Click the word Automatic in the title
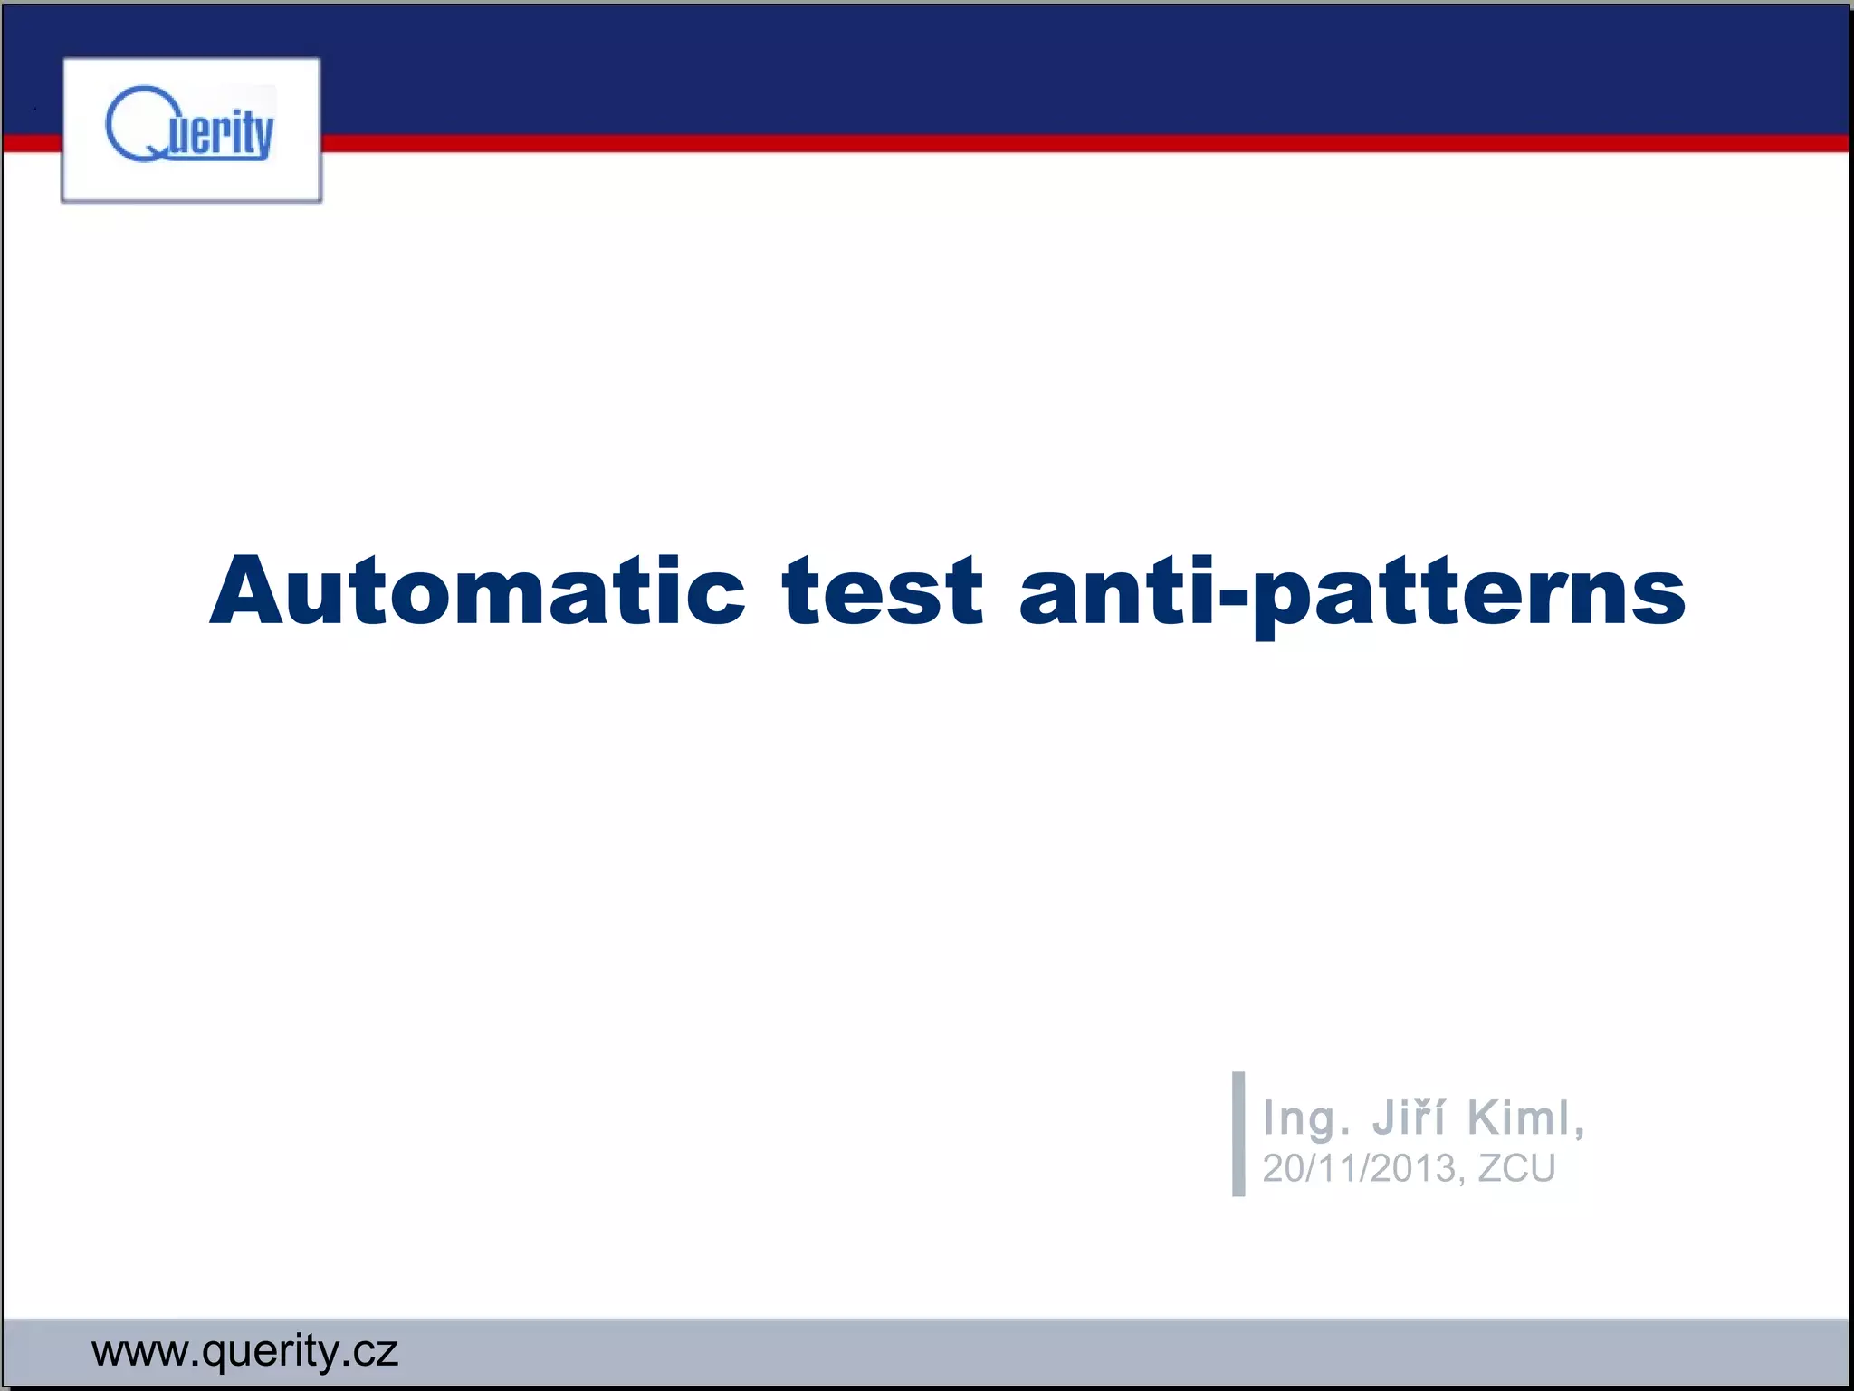pos(477,590)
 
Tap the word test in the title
pos(883,590)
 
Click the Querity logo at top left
pos(191,130)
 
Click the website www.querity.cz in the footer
pos(244,1351)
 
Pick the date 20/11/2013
pos(1360,1168)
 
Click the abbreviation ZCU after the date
pos(1516,1168)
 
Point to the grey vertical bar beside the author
pos(1238,1134)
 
